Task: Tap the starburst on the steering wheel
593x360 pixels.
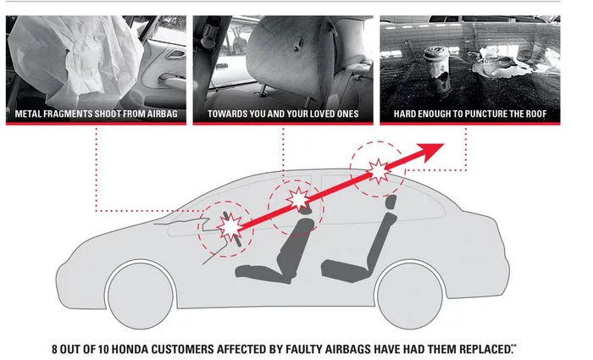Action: pyautogui.click(x=230, y=227)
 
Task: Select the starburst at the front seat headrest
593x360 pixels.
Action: pyautogui.click(x=298, y=199)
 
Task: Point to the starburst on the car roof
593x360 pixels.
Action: pyautogui.click(x=378, y=171)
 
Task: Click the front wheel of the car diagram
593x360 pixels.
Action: pyautogui.click(x=141, y=296)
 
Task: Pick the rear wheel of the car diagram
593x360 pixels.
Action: pyautogui.click(x=410, y=296)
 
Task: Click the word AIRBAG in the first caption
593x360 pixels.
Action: pyautogui.click(x=162, y=114)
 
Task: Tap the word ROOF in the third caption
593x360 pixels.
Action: pyautogui.click(x=535, y=114)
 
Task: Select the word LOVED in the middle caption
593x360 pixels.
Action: pyautogui.click(x=313, y=114)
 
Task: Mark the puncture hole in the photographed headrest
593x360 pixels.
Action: pyautogui.click(x=299, y=44)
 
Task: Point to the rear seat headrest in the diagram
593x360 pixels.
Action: pyautogui.click(x=391, y=202)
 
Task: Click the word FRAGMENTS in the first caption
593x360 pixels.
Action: pyautogui.click(x=69, y=114)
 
